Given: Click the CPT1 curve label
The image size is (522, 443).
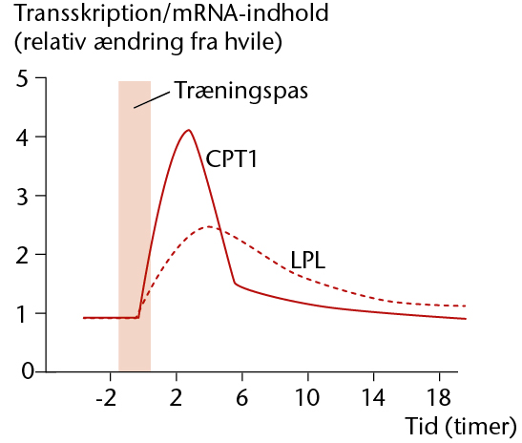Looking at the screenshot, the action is click(x=231, y=158).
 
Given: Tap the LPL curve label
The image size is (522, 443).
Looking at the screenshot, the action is click(x=308, y=260).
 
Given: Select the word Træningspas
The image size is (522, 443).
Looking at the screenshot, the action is click(x=241, y=91).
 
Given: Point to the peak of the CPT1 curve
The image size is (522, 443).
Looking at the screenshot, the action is click(x=189, y=130).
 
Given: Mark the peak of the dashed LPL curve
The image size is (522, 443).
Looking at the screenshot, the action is click(x=209, y=226).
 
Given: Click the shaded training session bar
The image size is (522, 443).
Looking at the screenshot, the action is click(x=135, y=226).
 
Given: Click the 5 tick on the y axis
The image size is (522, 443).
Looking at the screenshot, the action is click(x=22, y=79).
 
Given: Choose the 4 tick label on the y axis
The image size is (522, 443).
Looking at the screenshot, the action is click(x=22, y=137).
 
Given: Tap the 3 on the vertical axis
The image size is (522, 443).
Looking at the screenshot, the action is click(x=22, y=197).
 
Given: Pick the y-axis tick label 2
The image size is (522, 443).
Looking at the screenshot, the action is click(x=22, y=256).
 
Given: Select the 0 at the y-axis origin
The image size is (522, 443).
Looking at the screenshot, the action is click(x=28, y=370).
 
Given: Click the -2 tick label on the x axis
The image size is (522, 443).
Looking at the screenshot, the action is click(x=106, y=397).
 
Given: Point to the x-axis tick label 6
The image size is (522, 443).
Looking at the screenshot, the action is click(x=242, y=397).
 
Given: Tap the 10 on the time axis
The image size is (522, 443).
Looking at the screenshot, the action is click(x=307, y=397).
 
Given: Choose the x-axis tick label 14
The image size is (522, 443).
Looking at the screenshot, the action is click(x=373, y=397).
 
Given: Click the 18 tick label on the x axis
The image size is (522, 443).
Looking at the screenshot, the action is click(x=439, y=397).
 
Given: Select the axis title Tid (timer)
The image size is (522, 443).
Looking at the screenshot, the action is click(x=461, y=427).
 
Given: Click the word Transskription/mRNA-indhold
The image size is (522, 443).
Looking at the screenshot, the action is click(x=172, y=13).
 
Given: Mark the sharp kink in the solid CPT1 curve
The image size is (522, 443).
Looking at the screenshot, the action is click(x=235, y=284).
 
